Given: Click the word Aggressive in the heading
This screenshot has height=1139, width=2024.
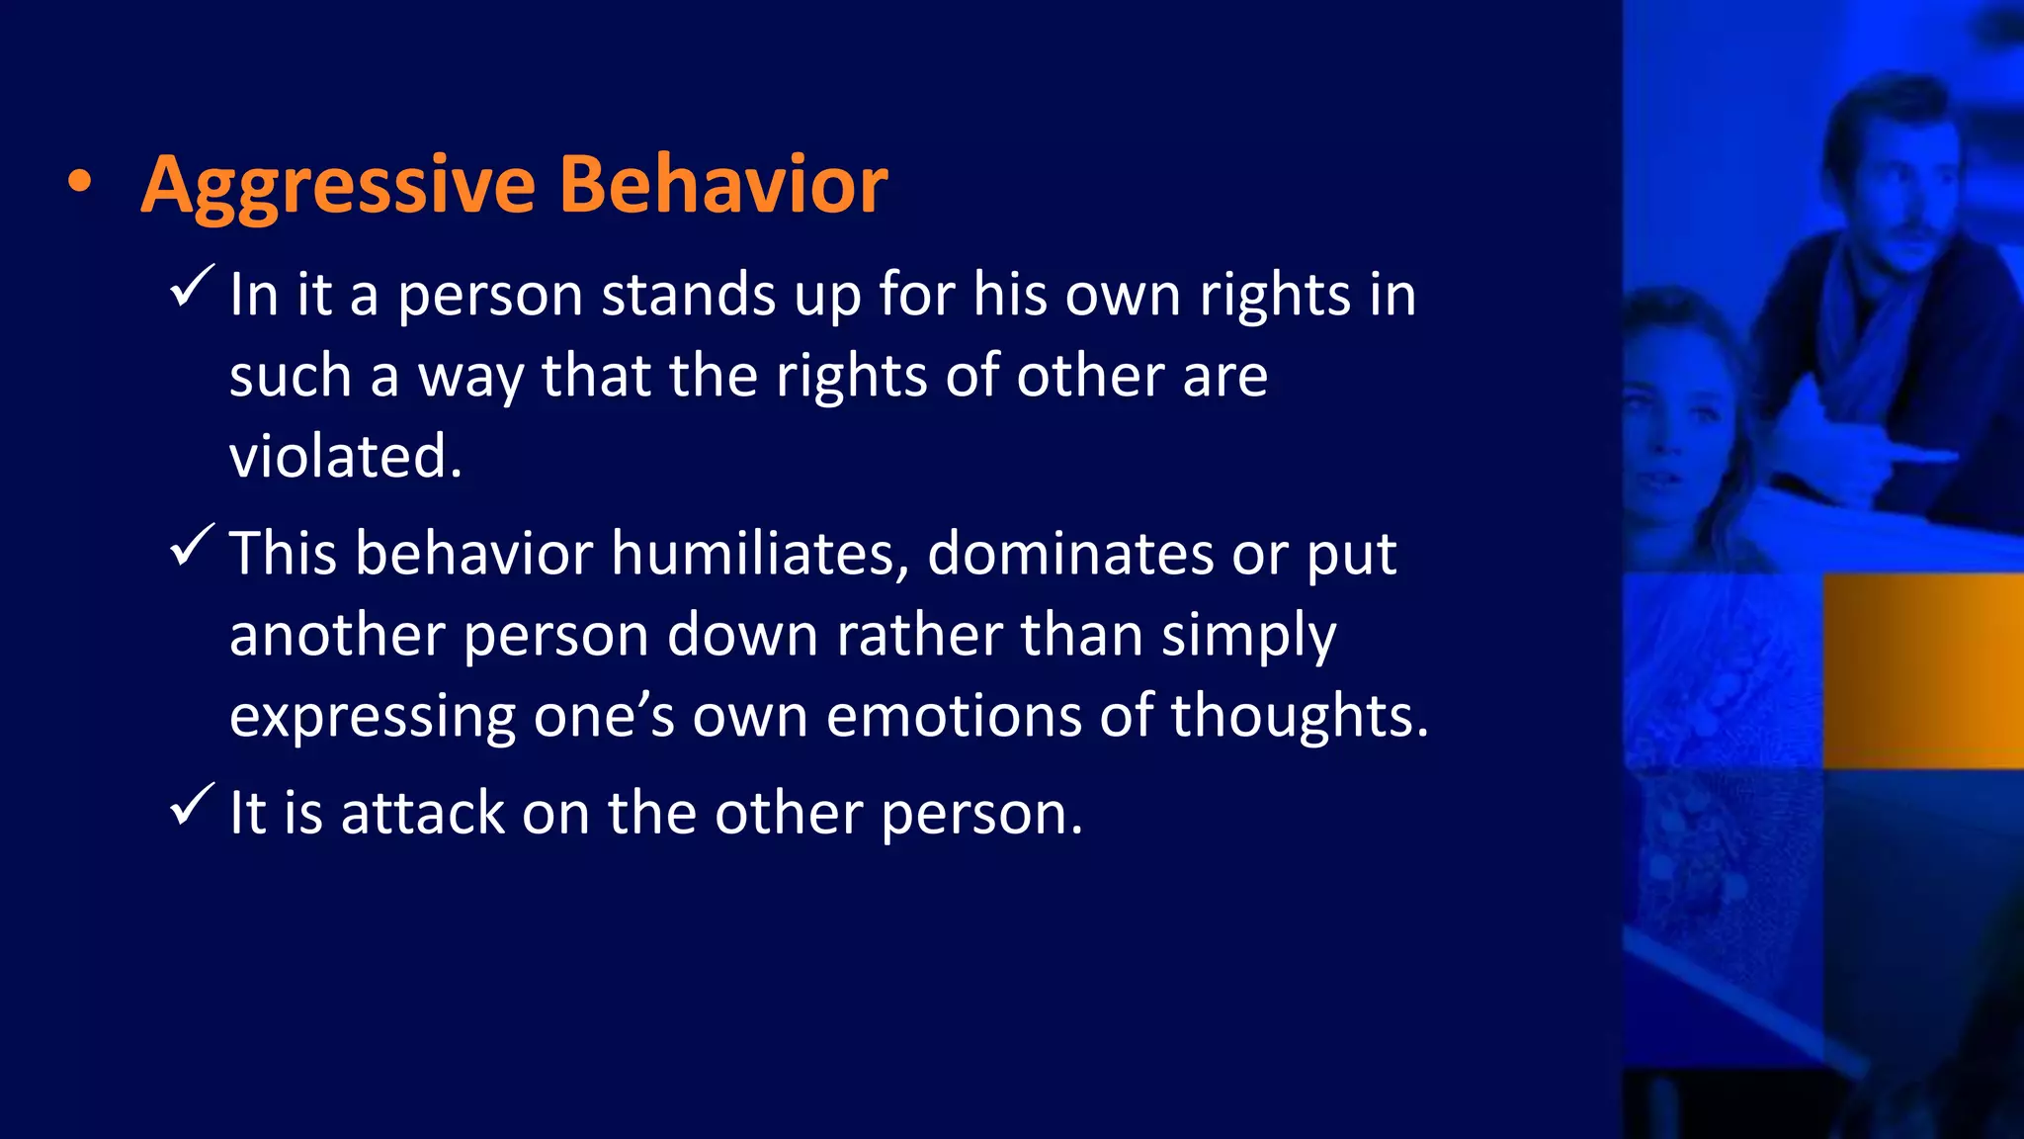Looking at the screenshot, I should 338,186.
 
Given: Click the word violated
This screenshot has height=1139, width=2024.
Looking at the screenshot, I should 346,457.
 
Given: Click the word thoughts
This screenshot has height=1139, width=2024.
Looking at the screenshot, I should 1299,715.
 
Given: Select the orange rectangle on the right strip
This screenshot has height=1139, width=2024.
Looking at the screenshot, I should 1922,670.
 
